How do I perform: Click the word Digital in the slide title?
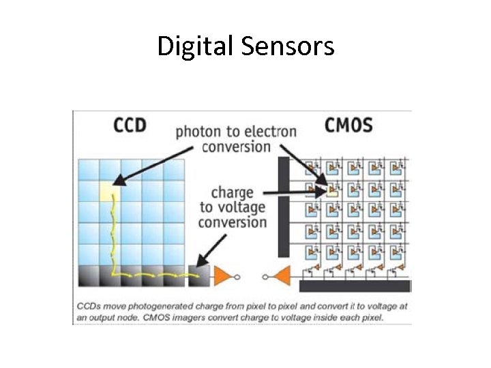coord(195,46)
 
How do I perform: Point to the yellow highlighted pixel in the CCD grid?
coord(110,191)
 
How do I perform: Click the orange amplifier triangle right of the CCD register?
coord(224,275)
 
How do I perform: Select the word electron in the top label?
coord(270,132)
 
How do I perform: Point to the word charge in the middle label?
coord(231,192)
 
